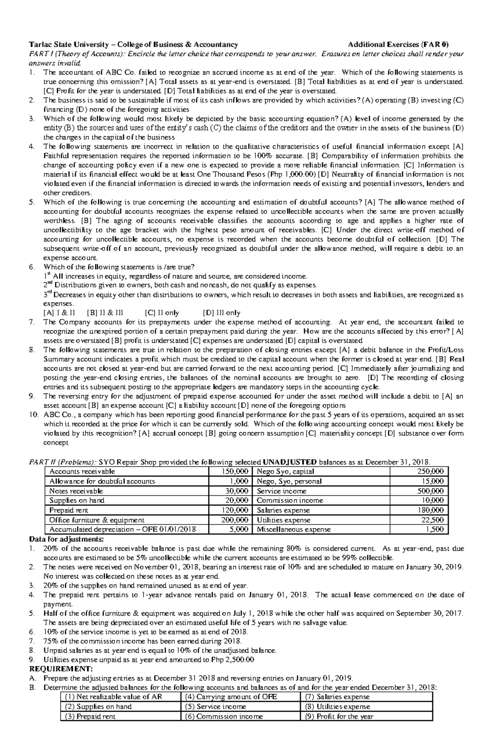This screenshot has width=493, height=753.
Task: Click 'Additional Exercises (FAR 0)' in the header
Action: pos(399,44)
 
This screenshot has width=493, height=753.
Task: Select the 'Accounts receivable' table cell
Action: pos(82,471)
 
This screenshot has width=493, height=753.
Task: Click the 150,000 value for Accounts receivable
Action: pos(236,471)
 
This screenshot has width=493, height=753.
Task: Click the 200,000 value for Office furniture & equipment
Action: pos(236,520)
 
